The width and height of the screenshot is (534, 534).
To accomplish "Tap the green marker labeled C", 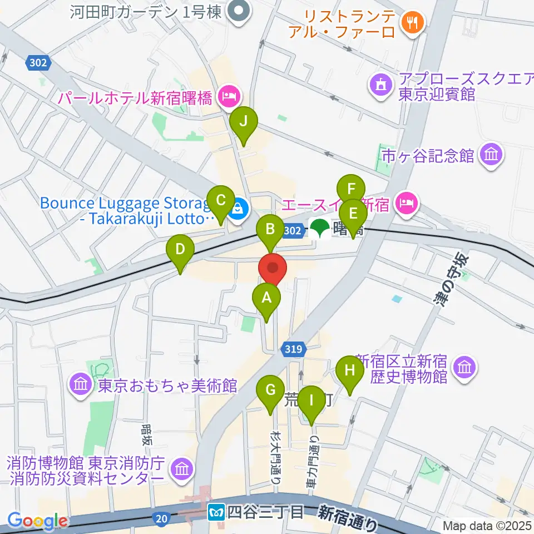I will (x=220, y=201).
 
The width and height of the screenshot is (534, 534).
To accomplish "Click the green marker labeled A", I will (x=266, y=299).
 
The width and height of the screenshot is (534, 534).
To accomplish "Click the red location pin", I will (x=273, y=269).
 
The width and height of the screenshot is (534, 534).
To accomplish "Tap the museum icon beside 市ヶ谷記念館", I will (x=491, y=155).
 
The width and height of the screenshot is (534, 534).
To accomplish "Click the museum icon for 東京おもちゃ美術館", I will (x=81, y=384).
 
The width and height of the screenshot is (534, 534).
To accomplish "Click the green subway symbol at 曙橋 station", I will (x=319, y=229).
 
